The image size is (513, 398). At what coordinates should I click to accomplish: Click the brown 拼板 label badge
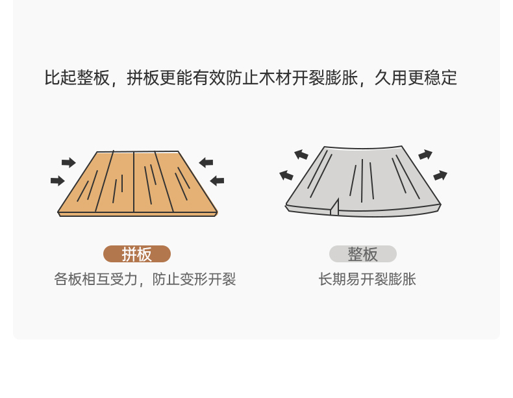[x=137, y=254]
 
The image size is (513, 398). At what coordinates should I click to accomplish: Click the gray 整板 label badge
[x=362, y=254]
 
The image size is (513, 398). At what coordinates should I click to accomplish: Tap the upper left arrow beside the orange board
[x=68, y=162]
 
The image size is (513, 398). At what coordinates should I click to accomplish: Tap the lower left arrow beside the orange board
[x=58, y=180]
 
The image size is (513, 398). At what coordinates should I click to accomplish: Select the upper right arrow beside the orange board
[x=206, y=162]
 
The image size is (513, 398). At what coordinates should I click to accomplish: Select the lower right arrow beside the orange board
[x=217, y=180]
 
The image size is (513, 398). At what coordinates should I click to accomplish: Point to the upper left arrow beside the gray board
[x=301, y=155]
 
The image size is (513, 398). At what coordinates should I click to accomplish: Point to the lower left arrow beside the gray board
[x=286, y=175]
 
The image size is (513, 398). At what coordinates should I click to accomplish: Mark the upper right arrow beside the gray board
[x=425, y=155]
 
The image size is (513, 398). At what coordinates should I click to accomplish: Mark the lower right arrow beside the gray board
[x=440, y=175]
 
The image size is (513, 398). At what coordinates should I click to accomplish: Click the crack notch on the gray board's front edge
[x=334, y=207]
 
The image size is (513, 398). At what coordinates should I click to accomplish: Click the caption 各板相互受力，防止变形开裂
[x=145, y=280]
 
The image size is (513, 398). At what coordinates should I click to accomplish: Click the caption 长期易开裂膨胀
[x=367, y=280]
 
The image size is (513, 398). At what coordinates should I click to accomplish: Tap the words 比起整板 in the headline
[x=77, y=78]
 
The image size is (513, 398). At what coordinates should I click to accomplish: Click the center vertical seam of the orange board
[x=134, y=182]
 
